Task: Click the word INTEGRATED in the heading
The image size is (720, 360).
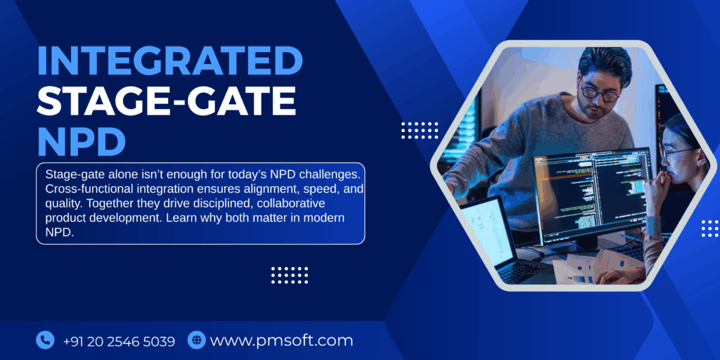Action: click(169, 60)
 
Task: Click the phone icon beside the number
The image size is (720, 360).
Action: click(45, 340)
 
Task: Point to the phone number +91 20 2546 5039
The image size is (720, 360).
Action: click(119, 341)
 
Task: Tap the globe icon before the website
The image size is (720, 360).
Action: click(196, 340)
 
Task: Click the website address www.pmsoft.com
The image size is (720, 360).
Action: click(281, 341)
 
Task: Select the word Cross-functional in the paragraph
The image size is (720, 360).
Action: click(84, 189)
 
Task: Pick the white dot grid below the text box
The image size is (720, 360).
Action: click(290, 275)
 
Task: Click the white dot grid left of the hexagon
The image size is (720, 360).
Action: click(419, 130)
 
